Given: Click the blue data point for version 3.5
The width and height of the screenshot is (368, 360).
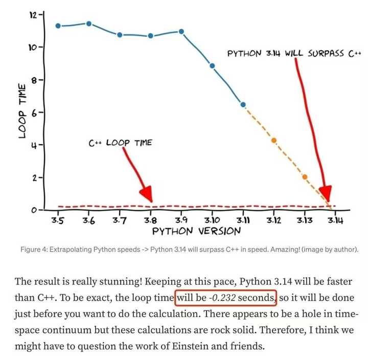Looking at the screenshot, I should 58,26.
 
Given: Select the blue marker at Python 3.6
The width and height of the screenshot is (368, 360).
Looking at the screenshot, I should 89,24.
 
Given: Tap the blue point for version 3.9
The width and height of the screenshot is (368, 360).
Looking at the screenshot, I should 181,32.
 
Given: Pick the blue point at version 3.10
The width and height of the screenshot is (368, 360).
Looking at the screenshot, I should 212,66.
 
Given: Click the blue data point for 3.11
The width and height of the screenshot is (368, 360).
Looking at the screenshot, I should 243,105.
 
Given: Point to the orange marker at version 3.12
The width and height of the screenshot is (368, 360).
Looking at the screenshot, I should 274,140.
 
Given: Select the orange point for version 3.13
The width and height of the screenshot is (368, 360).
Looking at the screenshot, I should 305,177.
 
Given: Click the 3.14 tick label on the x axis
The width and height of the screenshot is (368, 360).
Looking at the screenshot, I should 335,220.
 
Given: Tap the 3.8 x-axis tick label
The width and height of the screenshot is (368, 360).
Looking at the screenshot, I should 150,220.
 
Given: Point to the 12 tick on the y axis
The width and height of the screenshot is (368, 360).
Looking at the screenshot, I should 33,15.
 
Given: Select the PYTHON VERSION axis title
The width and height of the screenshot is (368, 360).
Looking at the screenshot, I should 197,231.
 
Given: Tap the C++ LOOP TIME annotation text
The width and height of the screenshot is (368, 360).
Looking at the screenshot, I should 121,143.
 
